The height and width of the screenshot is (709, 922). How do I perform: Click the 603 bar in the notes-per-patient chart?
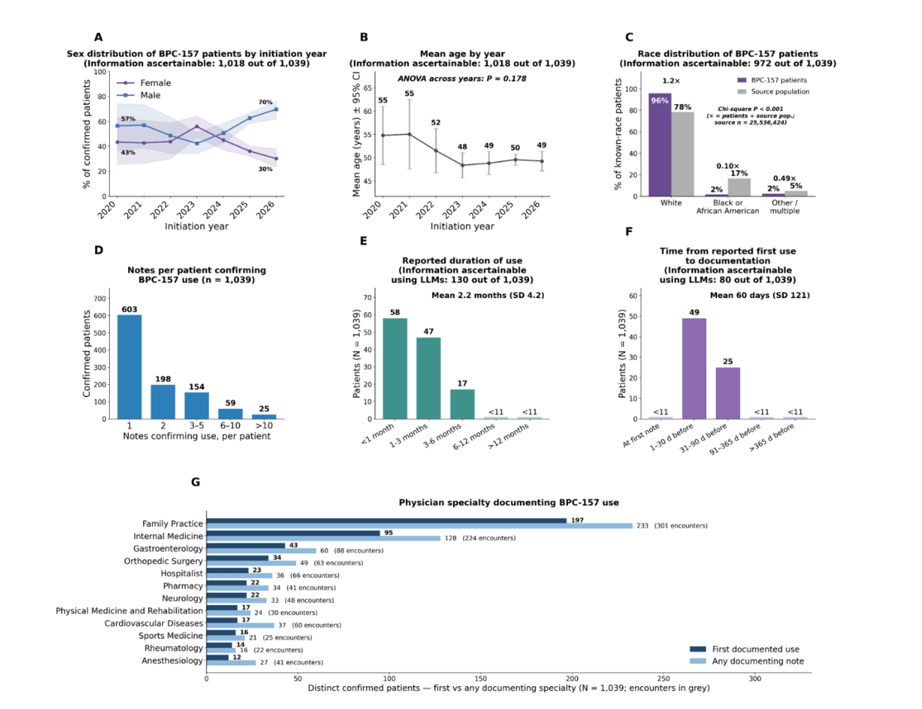tap(130, 367)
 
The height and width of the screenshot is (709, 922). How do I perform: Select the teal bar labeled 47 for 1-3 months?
tap(428, 378)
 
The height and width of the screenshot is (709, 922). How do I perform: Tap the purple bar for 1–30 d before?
tap(694, 369)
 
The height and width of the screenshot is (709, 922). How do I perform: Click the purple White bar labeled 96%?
tap(660, 144)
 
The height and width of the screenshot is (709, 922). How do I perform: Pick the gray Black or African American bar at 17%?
tap(739, 188)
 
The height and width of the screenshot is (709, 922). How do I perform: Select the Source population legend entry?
tap(773, 91)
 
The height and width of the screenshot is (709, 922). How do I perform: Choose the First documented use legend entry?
tap(745, 650)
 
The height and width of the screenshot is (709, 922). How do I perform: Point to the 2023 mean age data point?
tap(462, 166)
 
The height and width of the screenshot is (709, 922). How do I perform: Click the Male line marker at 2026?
tap(276, 110)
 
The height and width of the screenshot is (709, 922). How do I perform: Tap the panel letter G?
tap(195, 483)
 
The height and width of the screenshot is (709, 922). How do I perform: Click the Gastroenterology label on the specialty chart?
tap(168, 549)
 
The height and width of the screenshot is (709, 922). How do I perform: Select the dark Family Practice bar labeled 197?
tap(387, 520)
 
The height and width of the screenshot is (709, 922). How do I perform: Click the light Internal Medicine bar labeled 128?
tap(324, 538)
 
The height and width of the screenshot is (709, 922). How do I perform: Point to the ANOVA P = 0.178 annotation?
tap(462, 79)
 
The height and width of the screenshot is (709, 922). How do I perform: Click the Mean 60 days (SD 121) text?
tap(760, 295)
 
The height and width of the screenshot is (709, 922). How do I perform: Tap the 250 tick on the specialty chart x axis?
tap(664, 679)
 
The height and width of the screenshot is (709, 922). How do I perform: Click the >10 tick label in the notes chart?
tap(264, 425)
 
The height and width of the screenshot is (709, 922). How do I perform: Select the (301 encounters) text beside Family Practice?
tap(681, 526)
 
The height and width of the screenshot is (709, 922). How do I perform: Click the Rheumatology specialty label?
tap(173, 648)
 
